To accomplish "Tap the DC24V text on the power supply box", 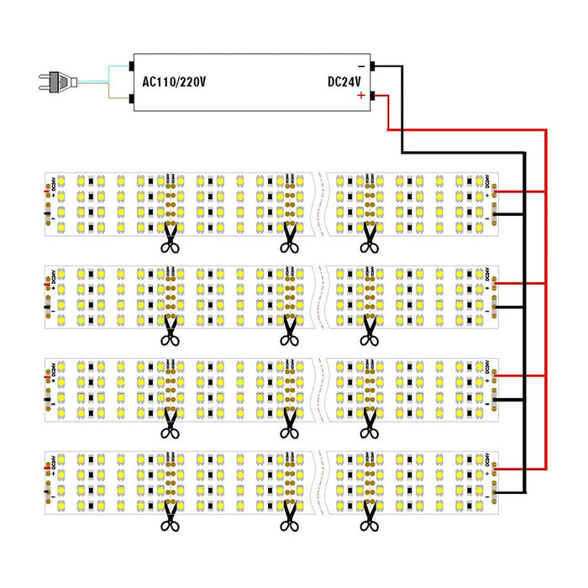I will (344, 81).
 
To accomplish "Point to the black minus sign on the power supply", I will (361, 66).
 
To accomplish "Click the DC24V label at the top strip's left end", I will (52, 184).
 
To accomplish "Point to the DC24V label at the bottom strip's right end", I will (488, 462).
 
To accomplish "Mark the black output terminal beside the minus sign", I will (373, 66).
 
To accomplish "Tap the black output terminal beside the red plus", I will (373, 97).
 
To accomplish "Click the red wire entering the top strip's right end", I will (521, 192).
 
